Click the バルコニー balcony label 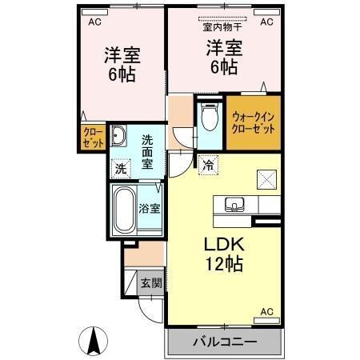(224, 342)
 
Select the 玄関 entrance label (150, 282)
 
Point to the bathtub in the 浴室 (125, 210)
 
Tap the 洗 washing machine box (120, 169)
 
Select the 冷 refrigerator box (207, 166)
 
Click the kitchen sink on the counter (234, 203)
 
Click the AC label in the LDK (267, 310)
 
